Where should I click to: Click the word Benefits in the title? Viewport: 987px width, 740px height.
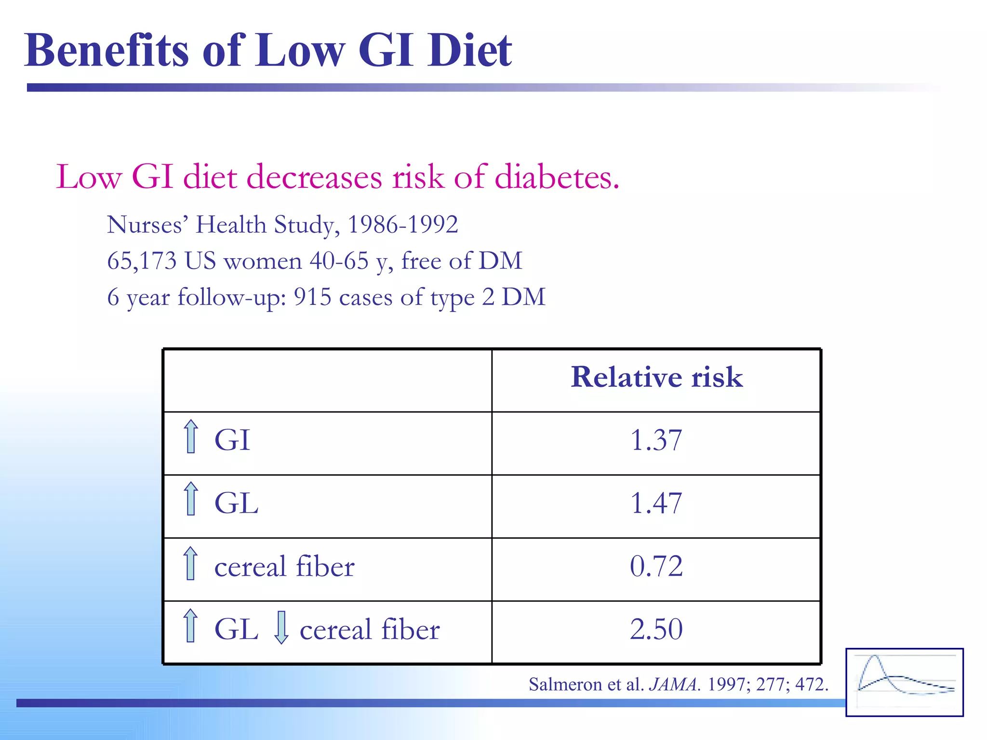coord(107,51)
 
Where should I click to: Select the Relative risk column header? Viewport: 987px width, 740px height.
coord(656,377)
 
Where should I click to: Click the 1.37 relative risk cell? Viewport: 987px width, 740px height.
coord(656,440)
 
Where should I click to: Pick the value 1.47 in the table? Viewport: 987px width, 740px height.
coord(656,503)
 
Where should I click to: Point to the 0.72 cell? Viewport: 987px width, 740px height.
coord(656,567)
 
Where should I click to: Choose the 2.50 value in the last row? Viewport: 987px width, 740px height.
coord(656,629)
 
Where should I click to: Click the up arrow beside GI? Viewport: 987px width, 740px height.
coord(191,436)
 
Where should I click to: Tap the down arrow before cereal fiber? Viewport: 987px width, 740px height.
coord(281,627)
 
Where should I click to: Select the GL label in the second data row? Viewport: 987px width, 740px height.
coord(236,504)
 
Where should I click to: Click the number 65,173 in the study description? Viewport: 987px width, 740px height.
coord(142,261)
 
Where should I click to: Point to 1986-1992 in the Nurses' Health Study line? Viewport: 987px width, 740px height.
coord(402,225)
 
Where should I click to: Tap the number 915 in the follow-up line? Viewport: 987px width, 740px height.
coord(312,297)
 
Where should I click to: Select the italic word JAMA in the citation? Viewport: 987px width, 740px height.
coord(674,685)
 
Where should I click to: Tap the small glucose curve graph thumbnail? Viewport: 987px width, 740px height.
coord(904,682)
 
